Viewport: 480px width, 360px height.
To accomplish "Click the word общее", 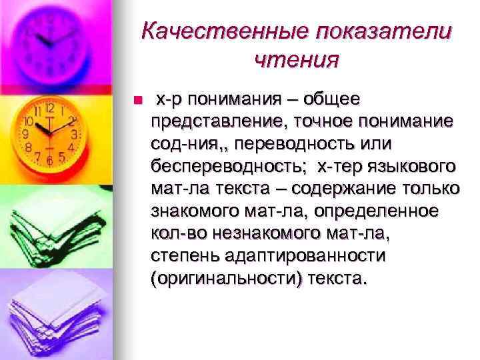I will [331, 100].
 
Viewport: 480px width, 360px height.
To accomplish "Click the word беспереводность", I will [231, 166].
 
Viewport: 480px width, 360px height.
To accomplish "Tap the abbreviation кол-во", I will [176, 233].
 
